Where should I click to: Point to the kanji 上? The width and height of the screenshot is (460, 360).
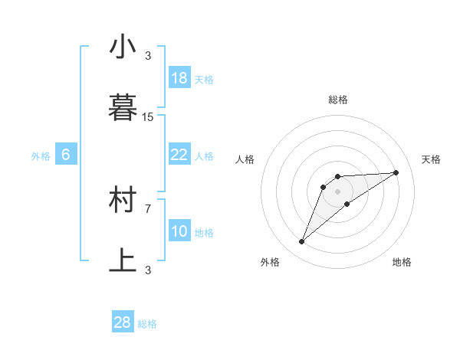(123, 260)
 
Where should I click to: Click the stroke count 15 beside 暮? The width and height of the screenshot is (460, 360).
(148, 117)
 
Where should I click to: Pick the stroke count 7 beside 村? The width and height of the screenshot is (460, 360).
(148, 208)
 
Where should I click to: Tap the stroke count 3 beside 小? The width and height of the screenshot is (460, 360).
(148, 56)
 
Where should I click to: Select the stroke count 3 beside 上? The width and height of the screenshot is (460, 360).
(148, 270)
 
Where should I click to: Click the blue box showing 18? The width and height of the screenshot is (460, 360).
(179, 78)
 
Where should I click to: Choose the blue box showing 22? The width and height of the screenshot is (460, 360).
(179, 155)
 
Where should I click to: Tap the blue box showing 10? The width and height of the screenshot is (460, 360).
(179, 231)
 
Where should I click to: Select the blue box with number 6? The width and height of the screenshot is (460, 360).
(66, 155)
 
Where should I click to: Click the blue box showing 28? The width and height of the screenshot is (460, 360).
(123, 322)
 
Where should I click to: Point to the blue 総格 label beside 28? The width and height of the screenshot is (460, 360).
(147, 324)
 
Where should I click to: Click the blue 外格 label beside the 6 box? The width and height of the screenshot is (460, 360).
(41, 156)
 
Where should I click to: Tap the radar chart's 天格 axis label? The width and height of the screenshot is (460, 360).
(431, 159)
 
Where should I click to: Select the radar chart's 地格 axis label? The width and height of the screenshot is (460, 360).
(402, 262)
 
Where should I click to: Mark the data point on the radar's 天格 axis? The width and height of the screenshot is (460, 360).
(396, 172)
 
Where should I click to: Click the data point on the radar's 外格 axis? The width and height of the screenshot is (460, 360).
(301, 242)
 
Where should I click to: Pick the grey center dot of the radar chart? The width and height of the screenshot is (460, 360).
(337, 191)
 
